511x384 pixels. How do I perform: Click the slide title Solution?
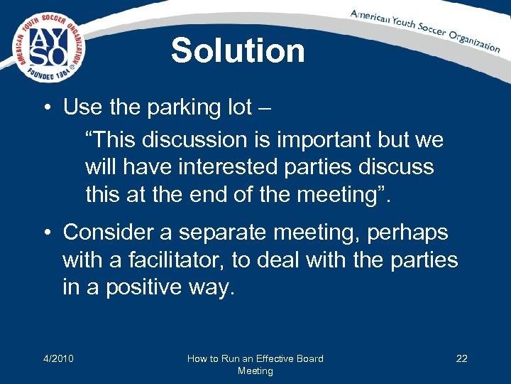tap(238, 50)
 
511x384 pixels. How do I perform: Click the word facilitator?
tap(184, 260)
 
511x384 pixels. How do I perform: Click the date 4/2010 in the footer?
tap(59, 358)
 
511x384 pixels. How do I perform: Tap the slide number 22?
tap(461, 358)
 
